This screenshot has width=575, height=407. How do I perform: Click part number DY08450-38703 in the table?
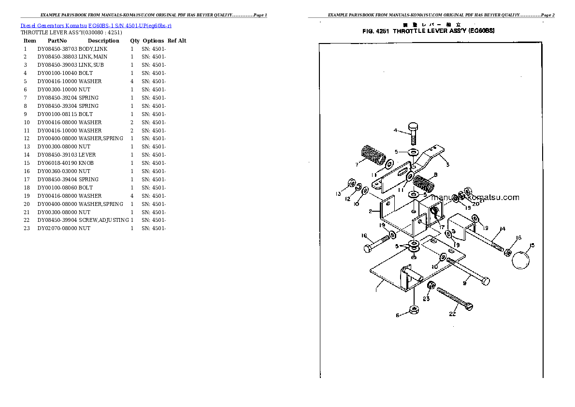[x=57, y=49]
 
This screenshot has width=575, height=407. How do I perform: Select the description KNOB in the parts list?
[x=86, y=163]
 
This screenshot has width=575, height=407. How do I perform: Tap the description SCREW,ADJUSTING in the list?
[x=103, y=220]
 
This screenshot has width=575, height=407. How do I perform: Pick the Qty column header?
[x=134, y=41]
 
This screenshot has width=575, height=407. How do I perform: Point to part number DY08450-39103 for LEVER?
[x=57, y=155]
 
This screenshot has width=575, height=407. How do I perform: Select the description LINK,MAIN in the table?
[x=93, y=57]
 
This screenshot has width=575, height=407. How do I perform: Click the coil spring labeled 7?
[x=373, y=155]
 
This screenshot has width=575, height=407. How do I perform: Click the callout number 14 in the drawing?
[x=502, y=229]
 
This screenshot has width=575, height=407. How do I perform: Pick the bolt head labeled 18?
[x=368, y=249]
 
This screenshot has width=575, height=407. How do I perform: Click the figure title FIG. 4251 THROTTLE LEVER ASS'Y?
[x=428, y=31]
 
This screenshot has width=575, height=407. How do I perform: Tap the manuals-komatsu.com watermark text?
[x=474, y=197]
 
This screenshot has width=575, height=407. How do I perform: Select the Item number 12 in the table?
[x=27, y=138]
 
